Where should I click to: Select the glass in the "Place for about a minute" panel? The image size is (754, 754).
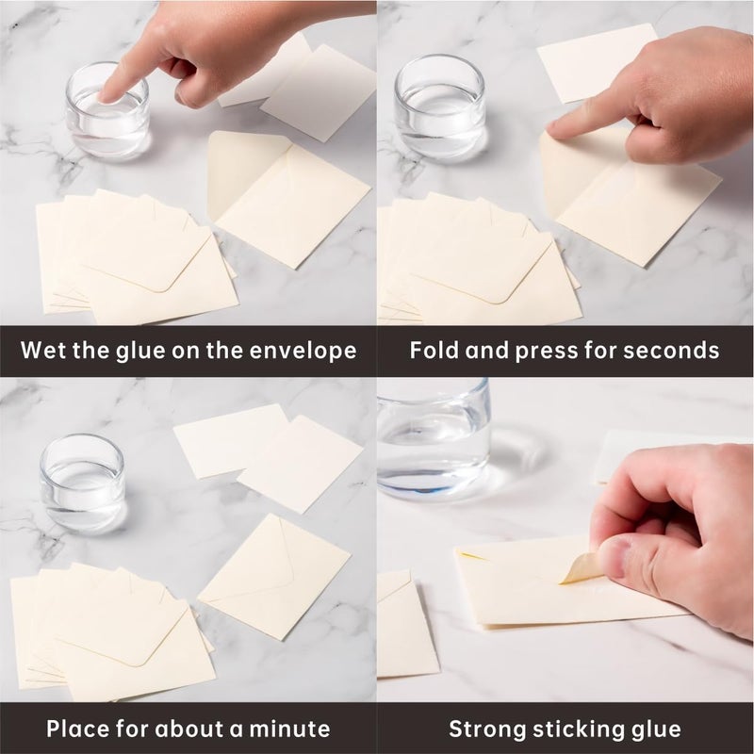click(x=83, y=483)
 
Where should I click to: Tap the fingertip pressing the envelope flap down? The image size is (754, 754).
click(x=558, y=130)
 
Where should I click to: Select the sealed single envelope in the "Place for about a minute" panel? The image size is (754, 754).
click(x=274, y=576)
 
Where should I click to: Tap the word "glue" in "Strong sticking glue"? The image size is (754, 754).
click(x=658, y=729)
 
